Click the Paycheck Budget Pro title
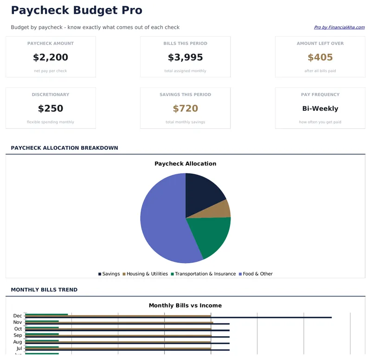click(77, 10)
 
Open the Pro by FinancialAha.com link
click(339, 27)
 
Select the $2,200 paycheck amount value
click(51, 57)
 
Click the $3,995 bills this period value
click(185, 57)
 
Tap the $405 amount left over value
click(320, 57)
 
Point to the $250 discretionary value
click(51, 108)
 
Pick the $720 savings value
click(185, 108)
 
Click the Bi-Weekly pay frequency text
click(320, 108)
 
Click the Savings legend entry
click(109, 274)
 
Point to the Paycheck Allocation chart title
click(185, 164)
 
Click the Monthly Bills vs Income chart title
click(185, 305)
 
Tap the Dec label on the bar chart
click(18, 316)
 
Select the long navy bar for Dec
click(278, 317)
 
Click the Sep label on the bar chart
click(18, 335)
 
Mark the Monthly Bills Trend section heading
click(44, 290)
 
